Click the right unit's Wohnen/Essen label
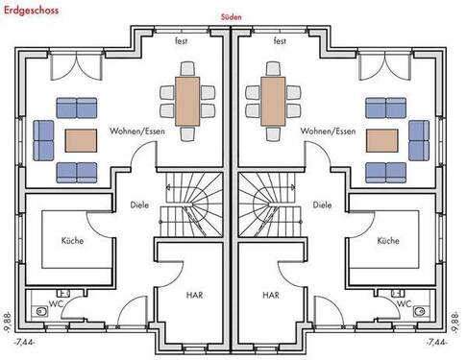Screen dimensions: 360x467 click(x=329, y=131)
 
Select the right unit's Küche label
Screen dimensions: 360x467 click(x=388, y=241)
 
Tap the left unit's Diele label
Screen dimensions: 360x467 click(x=139, y=204)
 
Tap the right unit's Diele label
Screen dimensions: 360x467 click(x=322, y=204)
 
